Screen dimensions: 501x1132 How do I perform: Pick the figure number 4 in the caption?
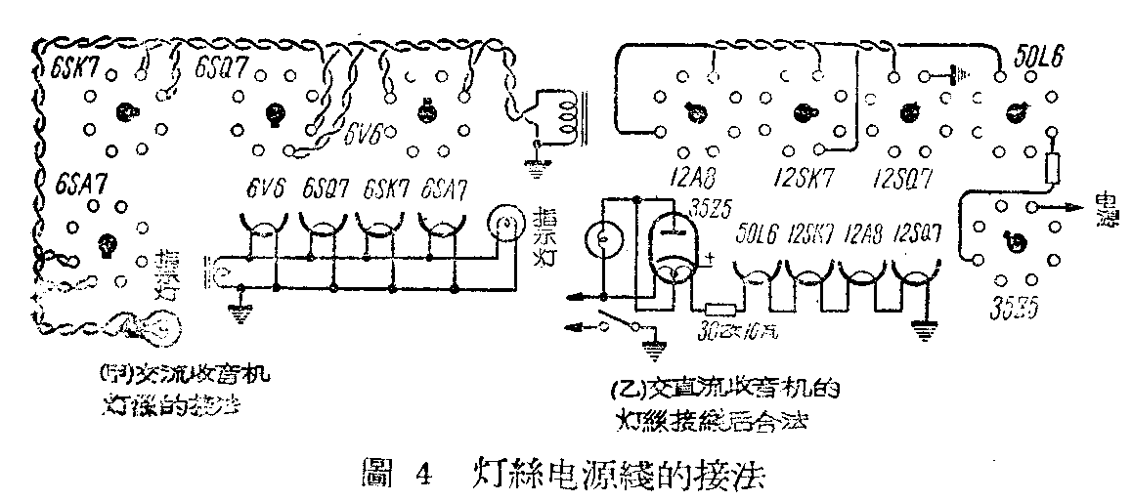[x=422, y=478]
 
